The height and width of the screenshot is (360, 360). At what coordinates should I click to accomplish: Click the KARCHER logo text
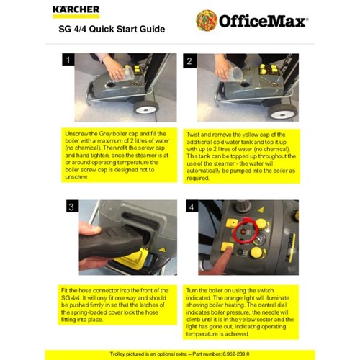pos(76,11)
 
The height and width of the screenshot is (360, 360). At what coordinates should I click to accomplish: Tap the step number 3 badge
pos(69,208)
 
